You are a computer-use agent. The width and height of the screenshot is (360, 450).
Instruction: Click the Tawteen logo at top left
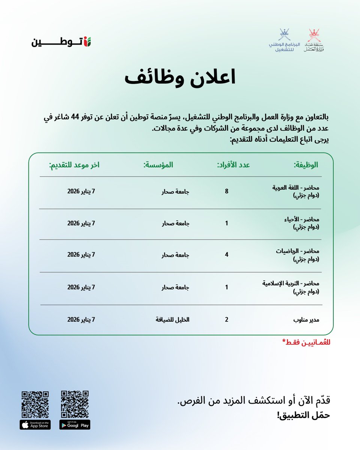coord(61,41)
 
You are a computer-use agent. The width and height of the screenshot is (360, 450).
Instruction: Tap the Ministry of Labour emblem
coord(314,40)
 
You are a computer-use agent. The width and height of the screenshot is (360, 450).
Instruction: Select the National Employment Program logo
coord(282,40)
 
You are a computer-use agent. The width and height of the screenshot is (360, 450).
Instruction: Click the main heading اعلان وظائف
coord(180,78)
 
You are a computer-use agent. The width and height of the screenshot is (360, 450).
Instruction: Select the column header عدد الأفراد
coord(234,165)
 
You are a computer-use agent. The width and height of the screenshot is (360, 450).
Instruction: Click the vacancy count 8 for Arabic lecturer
coord(226,191)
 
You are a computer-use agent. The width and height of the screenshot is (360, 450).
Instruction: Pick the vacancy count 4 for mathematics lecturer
coord(226,255)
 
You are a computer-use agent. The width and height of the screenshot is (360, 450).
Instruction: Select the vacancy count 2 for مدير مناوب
coord(226,320)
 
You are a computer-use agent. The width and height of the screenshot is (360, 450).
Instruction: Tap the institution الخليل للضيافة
coord(173,320)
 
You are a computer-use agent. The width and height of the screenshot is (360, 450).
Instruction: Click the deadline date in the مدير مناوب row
coord(81,320)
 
